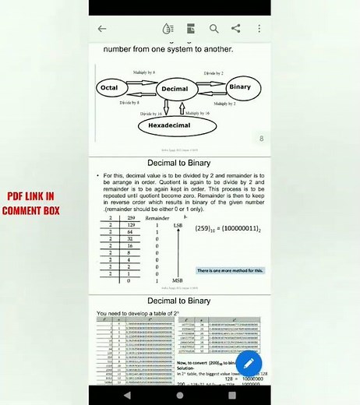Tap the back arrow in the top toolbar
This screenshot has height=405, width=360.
point(102,29)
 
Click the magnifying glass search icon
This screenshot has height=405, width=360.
point(214,29)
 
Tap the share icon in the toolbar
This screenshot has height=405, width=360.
point(236,29)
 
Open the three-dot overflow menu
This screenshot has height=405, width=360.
point(259,29)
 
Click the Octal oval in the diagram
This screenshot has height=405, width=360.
point(109,88)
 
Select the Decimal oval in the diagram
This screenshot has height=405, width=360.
point(173,89)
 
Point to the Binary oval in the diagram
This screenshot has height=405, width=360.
point(240,87)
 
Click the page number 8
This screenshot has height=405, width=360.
point(261,139)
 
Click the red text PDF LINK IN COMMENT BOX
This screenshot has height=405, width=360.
point(30,204)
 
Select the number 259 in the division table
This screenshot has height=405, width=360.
point(129,219)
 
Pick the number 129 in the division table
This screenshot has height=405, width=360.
point(129,225)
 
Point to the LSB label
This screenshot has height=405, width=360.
point(177,225)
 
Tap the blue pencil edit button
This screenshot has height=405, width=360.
point(248,362)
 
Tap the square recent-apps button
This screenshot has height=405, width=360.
point(232,396)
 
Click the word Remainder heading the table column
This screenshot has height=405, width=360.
point(158,219)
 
